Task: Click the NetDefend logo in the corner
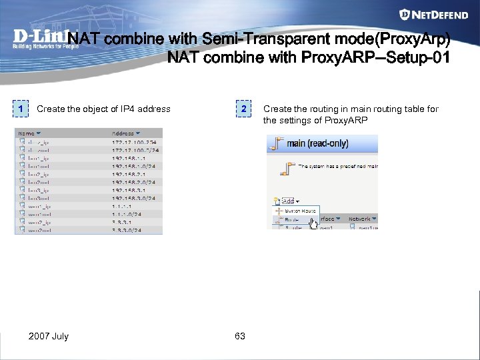point(437,14)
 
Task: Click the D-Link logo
point(40,39)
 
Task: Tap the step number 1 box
point(22,109)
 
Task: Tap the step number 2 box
point(245,109)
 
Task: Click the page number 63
point(240,336)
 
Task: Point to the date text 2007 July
point(49,336)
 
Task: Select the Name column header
point(29,133)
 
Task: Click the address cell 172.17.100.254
point(134,142)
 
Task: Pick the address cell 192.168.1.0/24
point(134,166)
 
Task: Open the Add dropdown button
point(289,199)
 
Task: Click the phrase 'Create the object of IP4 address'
point(103,109)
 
